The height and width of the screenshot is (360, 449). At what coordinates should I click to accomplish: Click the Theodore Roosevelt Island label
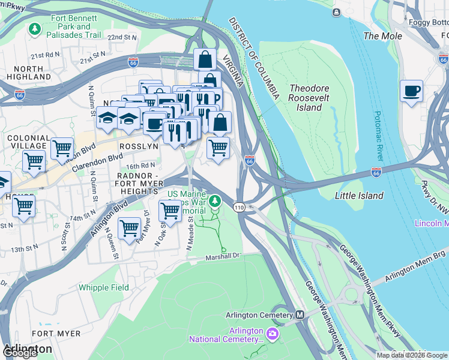coord(309,97)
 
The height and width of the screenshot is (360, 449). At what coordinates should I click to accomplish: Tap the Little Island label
coord(359,196)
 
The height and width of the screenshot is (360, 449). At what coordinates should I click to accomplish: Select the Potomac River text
coord(377,136)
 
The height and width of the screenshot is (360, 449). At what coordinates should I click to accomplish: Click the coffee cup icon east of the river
coord(411,91)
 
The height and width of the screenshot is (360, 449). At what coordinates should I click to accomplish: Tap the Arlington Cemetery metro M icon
coord(300,315)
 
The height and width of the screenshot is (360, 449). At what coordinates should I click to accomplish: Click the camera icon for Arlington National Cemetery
coord(273,334)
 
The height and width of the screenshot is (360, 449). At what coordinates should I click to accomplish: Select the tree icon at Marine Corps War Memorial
coord(214,200)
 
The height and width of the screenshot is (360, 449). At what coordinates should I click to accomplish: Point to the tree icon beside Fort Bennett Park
coord(35,28)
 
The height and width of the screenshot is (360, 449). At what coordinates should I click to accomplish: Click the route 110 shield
coord(240,206)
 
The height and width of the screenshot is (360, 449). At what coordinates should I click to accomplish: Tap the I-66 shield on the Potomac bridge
coord(376,173)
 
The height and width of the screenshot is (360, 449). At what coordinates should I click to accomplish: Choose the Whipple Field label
coord(103,287)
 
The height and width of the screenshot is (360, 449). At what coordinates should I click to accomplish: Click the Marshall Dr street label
coord(223,255)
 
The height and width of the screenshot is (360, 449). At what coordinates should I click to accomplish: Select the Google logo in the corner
coord(20,353)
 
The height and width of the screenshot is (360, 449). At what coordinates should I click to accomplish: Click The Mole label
coord(383,36)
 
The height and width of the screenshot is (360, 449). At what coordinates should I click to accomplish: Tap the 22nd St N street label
coord(122,37)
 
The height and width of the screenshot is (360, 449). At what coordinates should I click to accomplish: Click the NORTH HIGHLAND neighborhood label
coord(29,73)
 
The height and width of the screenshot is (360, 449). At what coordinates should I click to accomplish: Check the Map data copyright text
coord(412,355)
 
